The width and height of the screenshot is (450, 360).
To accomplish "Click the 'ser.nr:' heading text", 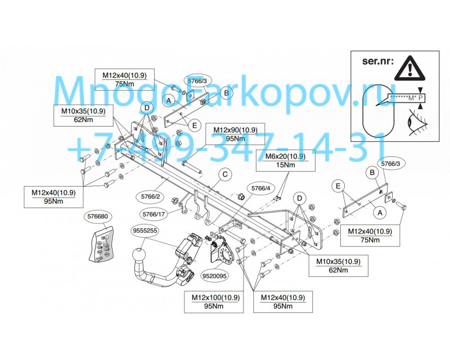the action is point(377,61).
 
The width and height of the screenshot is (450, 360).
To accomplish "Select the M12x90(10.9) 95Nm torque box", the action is point(235,134).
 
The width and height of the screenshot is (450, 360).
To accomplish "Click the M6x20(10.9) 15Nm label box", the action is point(285,160).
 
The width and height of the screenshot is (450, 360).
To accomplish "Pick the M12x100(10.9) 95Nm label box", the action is point(214,302).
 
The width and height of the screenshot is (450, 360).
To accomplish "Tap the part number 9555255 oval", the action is point(146,231).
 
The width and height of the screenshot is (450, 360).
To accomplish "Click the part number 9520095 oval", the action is point(215,276).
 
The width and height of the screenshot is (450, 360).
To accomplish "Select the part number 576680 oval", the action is point(97,217).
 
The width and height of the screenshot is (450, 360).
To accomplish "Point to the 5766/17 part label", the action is point(154,214).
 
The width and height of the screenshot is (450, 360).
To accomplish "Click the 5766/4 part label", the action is point(260,188).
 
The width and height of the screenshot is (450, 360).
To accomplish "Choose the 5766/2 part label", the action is point(151,197).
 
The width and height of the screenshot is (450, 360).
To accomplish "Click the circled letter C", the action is point(225,174).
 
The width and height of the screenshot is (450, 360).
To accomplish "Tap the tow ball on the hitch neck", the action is point(139,255).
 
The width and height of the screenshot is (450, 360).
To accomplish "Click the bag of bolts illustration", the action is point(101,244).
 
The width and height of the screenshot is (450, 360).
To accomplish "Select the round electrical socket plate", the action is point(220,253).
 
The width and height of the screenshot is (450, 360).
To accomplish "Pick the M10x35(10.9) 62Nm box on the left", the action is point(83,115).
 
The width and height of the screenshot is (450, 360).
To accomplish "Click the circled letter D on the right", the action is point(300,199).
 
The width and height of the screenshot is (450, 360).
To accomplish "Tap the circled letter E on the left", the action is point(195,125).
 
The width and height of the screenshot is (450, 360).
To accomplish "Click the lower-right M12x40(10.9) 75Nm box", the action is point(370,236).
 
